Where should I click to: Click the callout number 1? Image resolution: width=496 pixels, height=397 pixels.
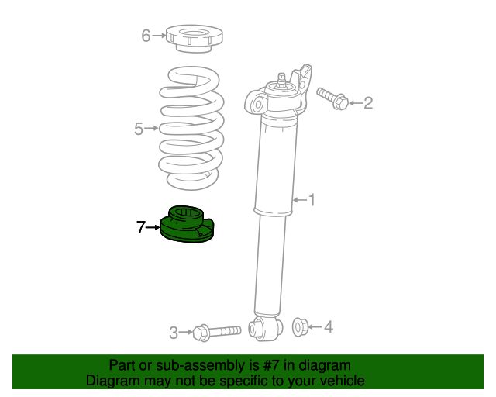point(312,201)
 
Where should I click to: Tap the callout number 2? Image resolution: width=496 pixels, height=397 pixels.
point(368,102)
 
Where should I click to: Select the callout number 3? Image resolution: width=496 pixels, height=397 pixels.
point(174,333)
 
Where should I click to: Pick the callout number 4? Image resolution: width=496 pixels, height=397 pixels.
point(328,327)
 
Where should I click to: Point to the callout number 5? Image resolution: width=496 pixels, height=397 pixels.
point(139,129)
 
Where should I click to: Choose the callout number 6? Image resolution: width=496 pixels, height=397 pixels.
point(146,35)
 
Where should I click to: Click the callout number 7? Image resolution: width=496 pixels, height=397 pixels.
point(140,227)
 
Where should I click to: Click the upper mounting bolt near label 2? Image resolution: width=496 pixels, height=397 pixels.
point(332,98)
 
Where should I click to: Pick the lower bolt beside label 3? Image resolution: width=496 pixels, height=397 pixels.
point(216,332)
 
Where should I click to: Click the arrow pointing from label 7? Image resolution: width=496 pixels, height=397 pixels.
point(153,227)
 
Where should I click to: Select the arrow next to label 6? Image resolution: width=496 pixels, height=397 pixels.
point(160,35)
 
